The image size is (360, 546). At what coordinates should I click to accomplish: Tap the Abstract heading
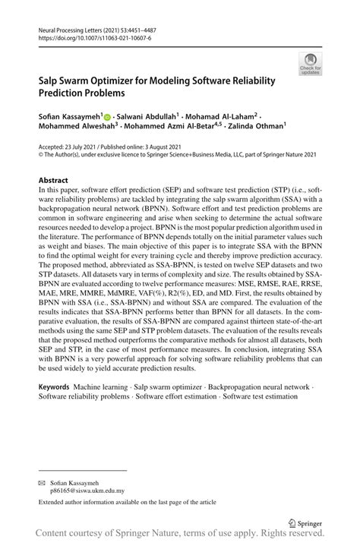coord(54,181)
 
